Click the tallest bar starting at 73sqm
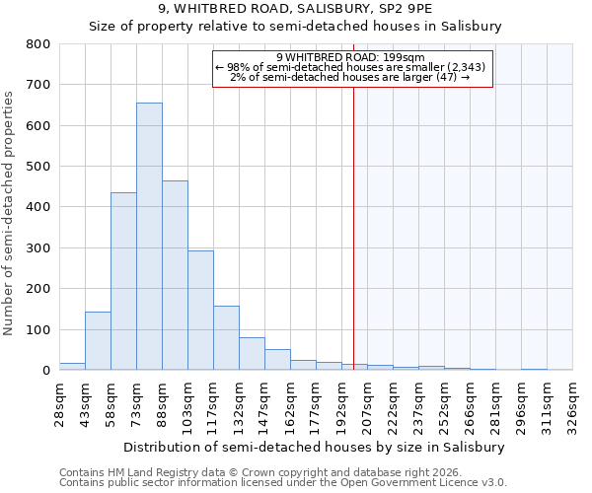149,237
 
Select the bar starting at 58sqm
123,281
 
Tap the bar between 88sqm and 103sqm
175,275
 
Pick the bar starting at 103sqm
200,311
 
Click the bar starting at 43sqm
98,341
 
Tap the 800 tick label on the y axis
38,44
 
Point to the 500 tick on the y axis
38,167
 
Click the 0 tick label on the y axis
45,371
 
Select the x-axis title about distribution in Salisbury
316,447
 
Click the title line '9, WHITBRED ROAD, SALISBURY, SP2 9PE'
296,9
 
